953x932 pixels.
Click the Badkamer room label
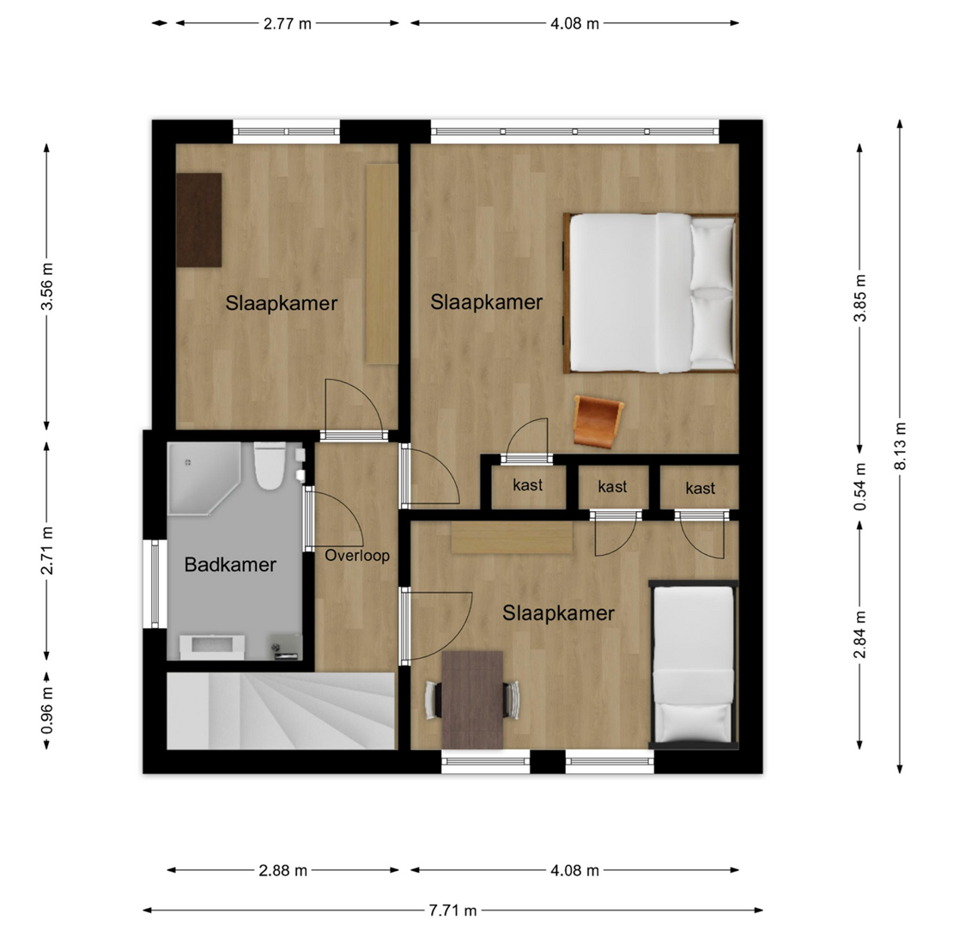click(x=230, y=565)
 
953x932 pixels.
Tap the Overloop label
click(x=357, y=556)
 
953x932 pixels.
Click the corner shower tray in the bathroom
click(x=203, y=478)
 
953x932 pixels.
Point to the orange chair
click(x=598, y=421)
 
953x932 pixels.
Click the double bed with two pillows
click(x=650, y=292)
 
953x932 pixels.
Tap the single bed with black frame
click(x=693, y=665)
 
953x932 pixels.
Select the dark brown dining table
click(x=472, y=700)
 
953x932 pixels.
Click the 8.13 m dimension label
click(x=900, y=446)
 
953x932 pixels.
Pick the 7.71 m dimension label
click(x=452, y=911)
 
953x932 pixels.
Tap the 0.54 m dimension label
click(x=859, y=487)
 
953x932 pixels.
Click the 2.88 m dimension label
click(x=283, y=871)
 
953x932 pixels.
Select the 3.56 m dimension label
click(x=47, y=286)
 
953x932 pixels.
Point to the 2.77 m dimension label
click(x=287, y=24)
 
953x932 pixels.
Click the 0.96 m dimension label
click(x=47, y=710)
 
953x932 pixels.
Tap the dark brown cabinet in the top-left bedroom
click(x=198, y=220)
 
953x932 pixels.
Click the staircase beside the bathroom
click(x=281, y=710)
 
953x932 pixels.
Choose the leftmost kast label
click(x=527, y=485)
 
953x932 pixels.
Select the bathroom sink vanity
click(x=212, y=647)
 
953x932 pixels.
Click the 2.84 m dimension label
click(x=859, y=635)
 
